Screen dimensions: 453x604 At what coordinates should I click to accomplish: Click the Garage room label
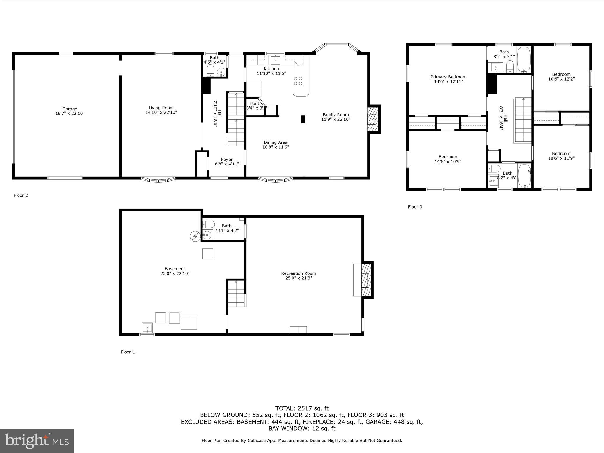(70, 109)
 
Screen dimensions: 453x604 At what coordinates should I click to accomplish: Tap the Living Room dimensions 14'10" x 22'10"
(161, 112)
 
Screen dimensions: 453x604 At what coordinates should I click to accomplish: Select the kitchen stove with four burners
(298, 81)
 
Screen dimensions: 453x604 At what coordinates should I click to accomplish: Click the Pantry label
(257, 104)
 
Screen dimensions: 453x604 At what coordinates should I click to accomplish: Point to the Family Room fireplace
(373, 119)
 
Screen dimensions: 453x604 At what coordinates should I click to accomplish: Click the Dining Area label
(275, 142)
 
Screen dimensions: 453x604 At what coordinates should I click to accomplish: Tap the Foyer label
(227, 160)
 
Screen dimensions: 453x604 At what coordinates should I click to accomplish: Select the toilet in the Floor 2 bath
(210, 70)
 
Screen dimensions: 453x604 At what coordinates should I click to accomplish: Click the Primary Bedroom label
(448, 77)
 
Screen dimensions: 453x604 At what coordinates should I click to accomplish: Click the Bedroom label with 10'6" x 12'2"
(561, 74)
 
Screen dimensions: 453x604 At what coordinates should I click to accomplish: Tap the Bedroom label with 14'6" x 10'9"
(448, 157)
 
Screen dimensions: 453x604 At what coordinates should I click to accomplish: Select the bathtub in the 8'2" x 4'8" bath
(524, 176)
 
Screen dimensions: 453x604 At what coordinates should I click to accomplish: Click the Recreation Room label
(298, 273)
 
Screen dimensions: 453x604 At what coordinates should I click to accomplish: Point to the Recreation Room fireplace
(366, 280)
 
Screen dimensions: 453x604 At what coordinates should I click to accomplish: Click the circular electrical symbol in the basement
(195, 236)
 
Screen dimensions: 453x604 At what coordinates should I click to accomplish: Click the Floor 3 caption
(415, 207)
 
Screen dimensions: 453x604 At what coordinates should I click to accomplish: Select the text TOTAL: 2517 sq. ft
(302, 408)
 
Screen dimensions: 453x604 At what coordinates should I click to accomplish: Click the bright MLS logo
(37, 441)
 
